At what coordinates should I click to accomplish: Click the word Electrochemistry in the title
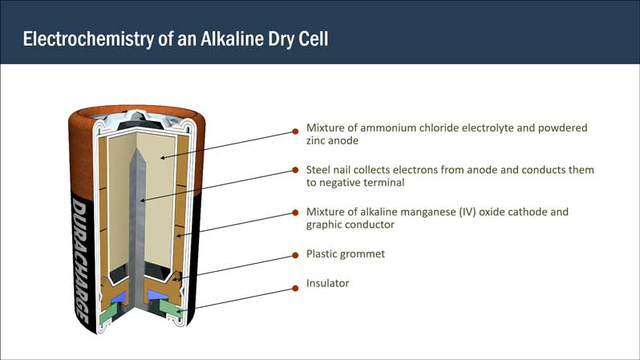(x=87, y=38)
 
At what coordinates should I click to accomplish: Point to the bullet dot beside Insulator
(x=295, y=288)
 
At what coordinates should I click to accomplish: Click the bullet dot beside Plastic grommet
(x=295, y=256)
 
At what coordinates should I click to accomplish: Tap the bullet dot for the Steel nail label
(x=295, y=170)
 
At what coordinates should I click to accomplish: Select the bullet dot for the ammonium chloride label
(x=295, y=131)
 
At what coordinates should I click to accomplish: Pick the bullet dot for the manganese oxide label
(x=295, y=212)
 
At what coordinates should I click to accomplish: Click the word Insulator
(x=328, y=283)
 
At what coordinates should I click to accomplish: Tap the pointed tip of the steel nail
(x=137, y=149)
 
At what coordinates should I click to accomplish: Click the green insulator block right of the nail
(x=171, y=309)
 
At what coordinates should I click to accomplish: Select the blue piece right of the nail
(x=157, y=295)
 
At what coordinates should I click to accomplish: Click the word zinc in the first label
(x=315, y=141)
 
